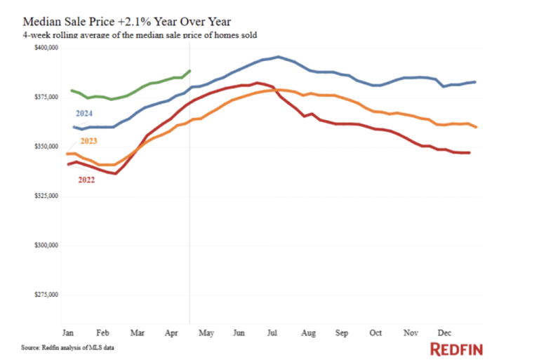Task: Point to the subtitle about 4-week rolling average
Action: (x=129, y=34)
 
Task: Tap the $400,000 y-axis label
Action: (x=46, y=48)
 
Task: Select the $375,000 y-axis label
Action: (x=46, y=97)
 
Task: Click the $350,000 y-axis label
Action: (x=46, y=147)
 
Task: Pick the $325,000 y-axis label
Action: (x=46, y=196)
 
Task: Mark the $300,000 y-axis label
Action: (x=46, y=246)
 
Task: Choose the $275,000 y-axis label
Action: (x=46, y=295)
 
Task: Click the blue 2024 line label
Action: (x=84, y=113)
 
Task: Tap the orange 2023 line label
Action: (x=88, y=141)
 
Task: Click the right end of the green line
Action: (x=190, y=71)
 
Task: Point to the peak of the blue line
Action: (x=278, y=57)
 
